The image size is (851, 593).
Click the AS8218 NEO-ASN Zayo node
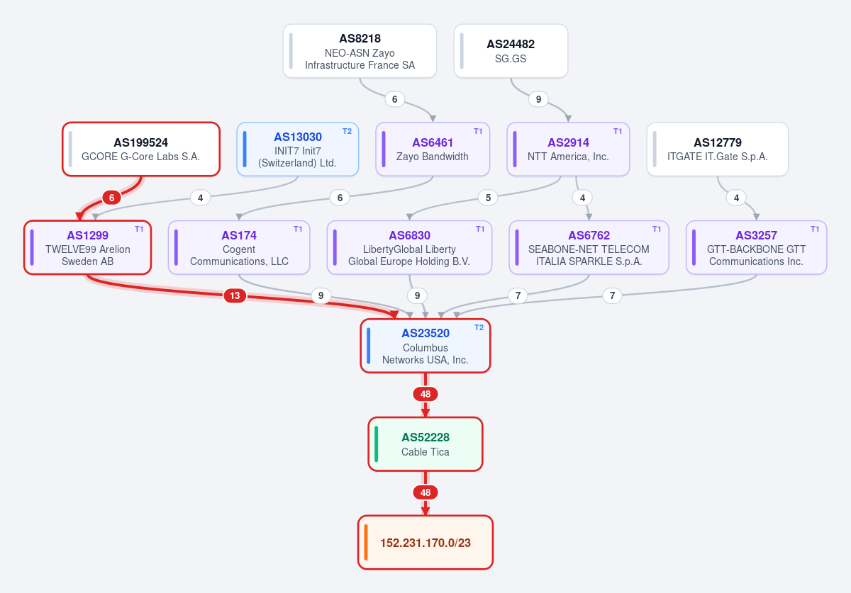(x=360, y=51)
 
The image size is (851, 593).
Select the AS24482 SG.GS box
(x=511, y=51)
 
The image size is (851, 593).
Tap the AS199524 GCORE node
(x=141, y=149)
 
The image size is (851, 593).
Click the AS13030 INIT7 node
(x=297, y=149)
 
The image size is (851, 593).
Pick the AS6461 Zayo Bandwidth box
(x=433, y=149)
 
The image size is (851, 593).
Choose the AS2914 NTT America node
(x=568, y=149)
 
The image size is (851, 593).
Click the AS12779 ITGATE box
(x=717, y=149)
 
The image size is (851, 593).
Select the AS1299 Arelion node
(x=87, y=247)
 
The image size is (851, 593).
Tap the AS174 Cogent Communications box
(x=239, y=247)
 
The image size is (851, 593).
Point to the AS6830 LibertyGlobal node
(x=409, y=247)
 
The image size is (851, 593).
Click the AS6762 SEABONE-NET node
(x=589, y=247)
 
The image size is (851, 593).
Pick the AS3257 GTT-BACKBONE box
(x=756, y=247)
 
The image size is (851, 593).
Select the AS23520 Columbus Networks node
(x=425, y=346)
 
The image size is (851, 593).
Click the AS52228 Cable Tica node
(x=425, y=444)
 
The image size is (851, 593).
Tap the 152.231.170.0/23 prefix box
(x=425, y=543)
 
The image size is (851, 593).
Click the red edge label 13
(x=235, y=295)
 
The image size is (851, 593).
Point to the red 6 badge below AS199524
(x=112, y=198)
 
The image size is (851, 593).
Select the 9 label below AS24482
(x=538, y=99)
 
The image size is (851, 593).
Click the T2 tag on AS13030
(x=347, y=131)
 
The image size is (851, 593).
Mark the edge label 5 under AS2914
(x=488, y=198)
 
